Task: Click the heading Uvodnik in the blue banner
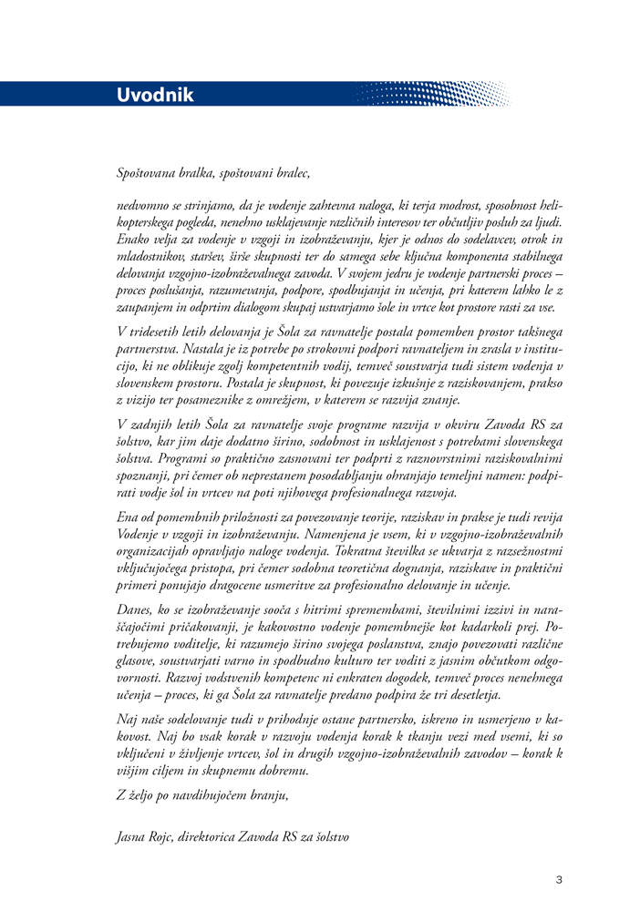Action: [155, 95]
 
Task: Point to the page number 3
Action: [559, 880]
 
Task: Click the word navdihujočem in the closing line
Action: [212, 795]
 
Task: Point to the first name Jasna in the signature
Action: [134, 835]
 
